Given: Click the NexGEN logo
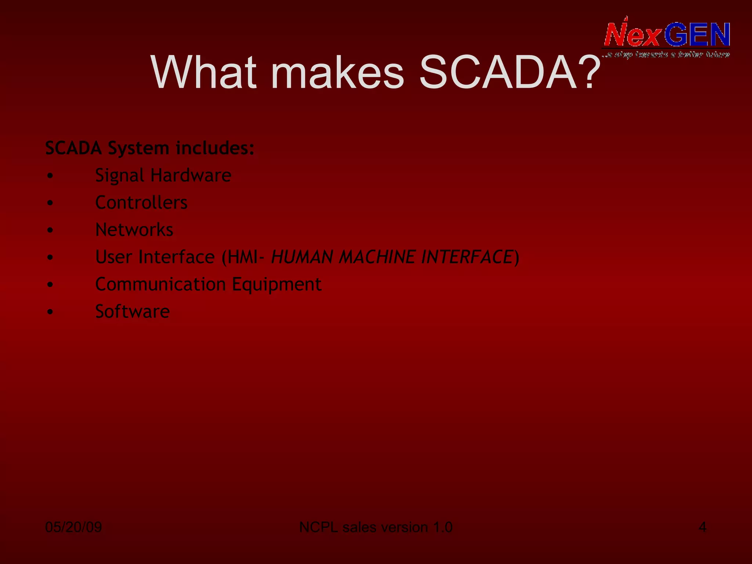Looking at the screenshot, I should coord(666,35).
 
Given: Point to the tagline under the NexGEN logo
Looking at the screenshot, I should coord(666,55).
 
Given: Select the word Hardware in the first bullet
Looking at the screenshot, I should coord(191,175).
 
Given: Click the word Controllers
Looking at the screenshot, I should coord(141,203).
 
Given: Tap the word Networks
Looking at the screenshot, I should coord(134,230).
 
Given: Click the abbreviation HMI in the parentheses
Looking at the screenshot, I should coord(242,257).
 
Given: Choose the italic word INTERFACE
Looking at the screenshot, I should coord(467,257).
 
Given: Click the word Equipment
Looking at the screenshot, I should coord(277,285).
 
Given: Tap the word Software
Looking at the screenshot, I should coord(133,312).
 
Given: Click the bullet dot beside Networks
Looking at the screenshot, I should coord(50,230).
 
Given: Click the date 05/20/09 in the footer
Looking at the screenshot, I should coord(73,527).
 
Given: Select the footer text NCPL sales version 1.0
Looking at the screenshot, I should coord(376,527).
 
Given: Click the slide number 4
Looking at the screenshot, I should coord(702,527).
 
